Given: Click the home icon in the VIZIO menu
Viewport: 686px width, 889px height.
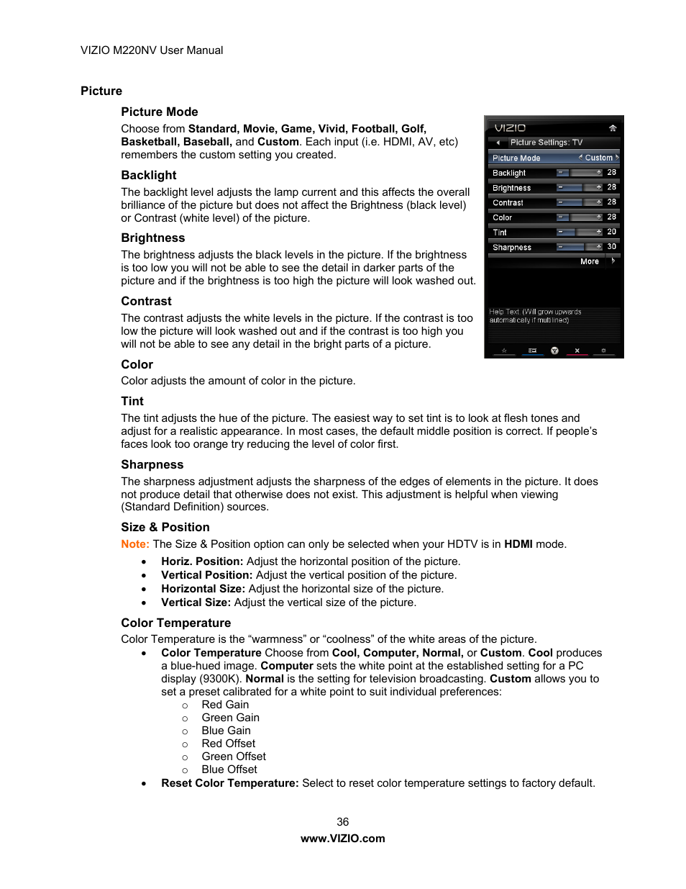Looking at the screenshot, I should [613, 128].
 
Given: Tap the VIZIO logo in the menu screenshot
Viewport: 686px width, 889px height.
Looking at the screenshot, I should [510, 128].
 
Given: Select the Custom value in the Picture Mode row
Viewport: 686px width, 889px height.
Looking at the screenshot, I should [598, 158].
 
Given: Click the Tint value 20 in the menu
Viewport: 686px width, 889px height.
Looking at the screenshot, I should [611, 232].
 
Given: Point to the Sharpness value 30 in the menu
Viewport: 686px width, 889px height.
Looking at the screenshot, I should [611, 247].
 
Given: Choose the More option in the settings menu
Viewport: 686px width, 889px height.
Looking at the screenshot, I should [590, 262].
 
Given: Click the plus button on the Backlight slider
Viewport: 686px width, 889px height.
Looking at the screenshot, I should [598, 173].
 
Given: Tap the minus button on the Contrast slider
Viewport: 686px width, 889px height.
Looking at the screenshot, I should [561, 202].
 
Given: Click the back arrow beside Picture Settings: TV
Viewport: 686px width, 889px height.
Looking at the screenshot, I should [498, 143].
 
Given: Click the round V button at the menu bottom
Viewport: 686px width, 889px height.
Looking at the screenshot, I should [554, 351].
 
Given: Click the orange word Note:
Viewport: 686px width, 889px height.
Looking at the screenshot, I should [135, 544].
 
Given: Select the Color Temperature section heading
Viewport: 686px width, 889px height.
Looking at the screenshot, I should [175, 623].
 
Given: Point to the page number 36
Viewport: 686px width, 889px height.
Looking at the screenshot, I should [343, 821].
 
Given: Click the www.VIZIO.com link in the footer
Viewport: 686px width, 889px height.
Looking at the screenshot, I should [343, 838].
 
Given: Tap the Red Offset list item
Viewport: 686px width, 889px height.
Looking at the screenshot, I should [228, 743].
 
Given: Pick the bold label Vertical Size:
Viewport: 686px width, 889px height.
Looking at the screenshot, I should [196, 603].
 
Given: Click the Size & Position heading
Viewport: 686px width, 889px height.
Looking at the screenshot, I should [165, 527].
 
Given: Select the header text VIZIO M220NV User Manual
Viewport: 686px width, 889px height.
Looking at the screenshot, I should [152, 50].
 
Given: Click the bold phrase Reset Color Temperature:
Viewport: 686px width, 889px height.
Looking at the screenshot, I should [229, 782].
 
